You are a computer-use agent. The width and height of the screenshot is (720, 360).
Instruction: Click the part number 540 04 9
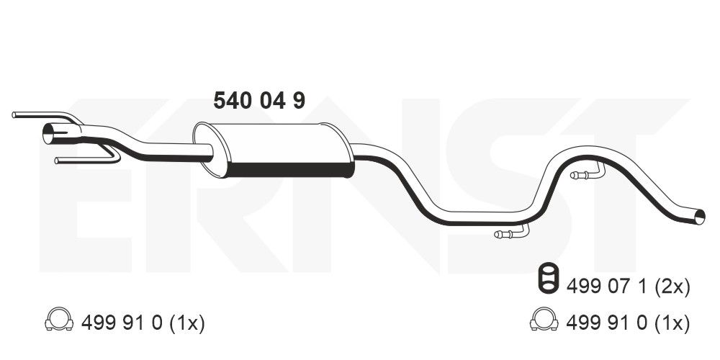point(259,101)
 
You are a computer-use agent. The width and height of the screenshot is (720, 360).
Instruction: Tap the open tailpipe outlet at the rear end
point(699,217)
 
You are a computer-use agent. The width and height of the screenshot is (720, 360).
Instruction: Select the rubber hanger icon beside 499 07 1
point(547,278)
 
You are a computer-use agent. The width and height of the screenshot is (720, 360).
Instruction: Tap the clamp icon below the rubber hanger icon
point(544,319)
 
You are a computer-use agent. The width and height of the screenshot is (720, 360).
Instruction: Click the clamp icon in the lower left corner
point(59,319)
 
